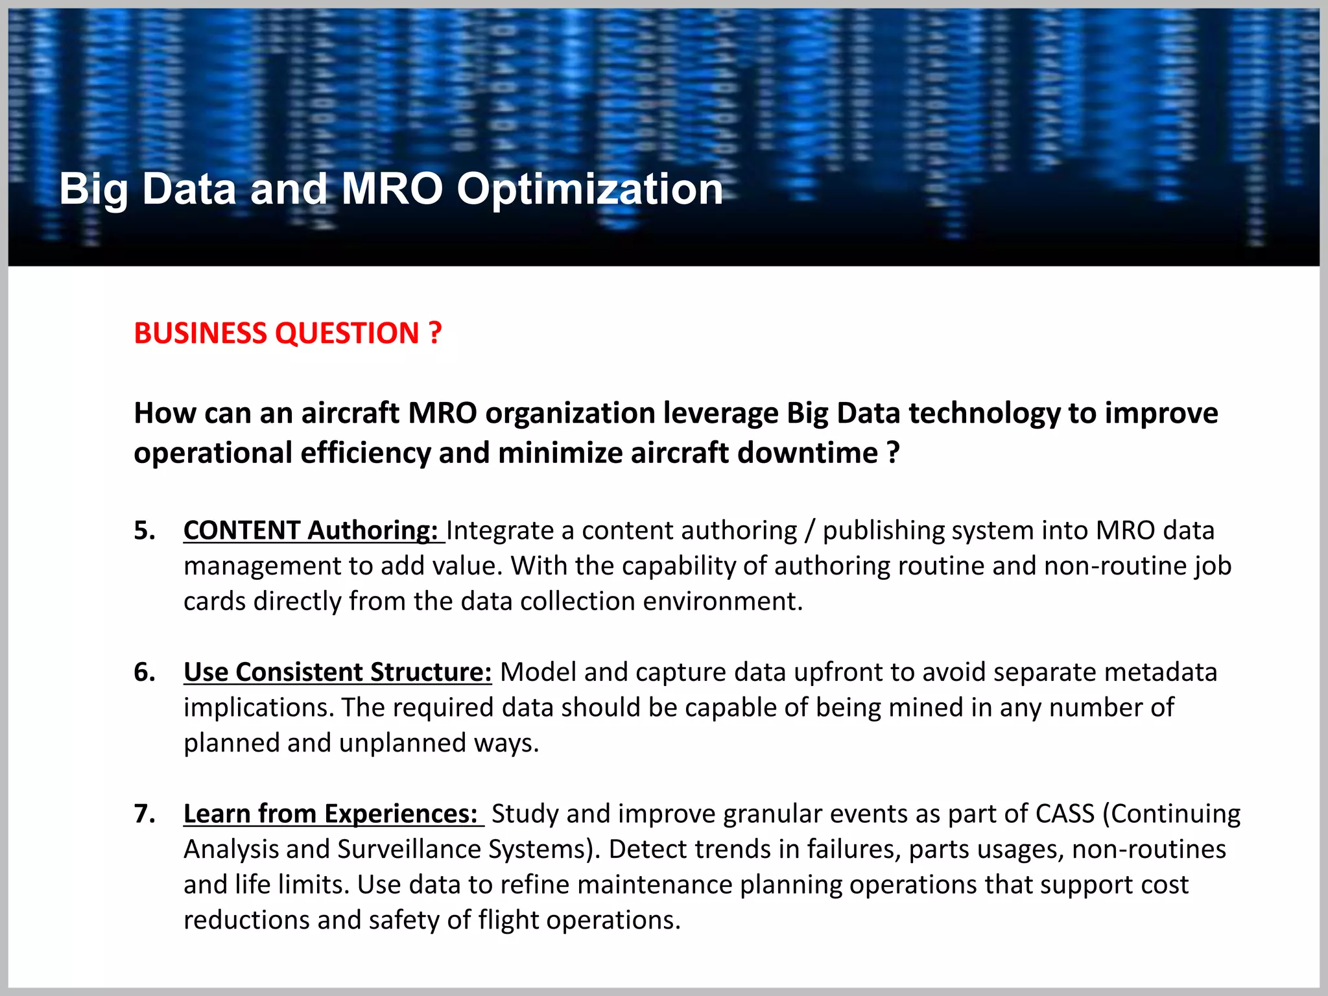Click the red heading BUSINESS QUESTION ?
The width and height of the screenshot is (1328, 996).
click(x=287, y=333)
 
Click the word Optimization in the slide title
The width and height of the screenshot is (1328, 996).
click(x=589, y=189)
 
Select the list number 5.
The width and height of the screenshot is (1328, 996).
click(x=145, y=530)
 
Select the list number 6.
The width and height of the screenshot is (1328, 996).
click(x=145, y=672)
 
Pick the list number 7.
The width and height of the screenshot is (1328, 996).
click(x=145, y=814)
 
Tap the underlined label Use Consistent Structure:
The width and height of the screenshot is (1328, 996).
click(x=337, y=672)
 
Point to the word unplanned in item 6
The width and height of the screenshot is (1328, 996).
click(x=402, y=743)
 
